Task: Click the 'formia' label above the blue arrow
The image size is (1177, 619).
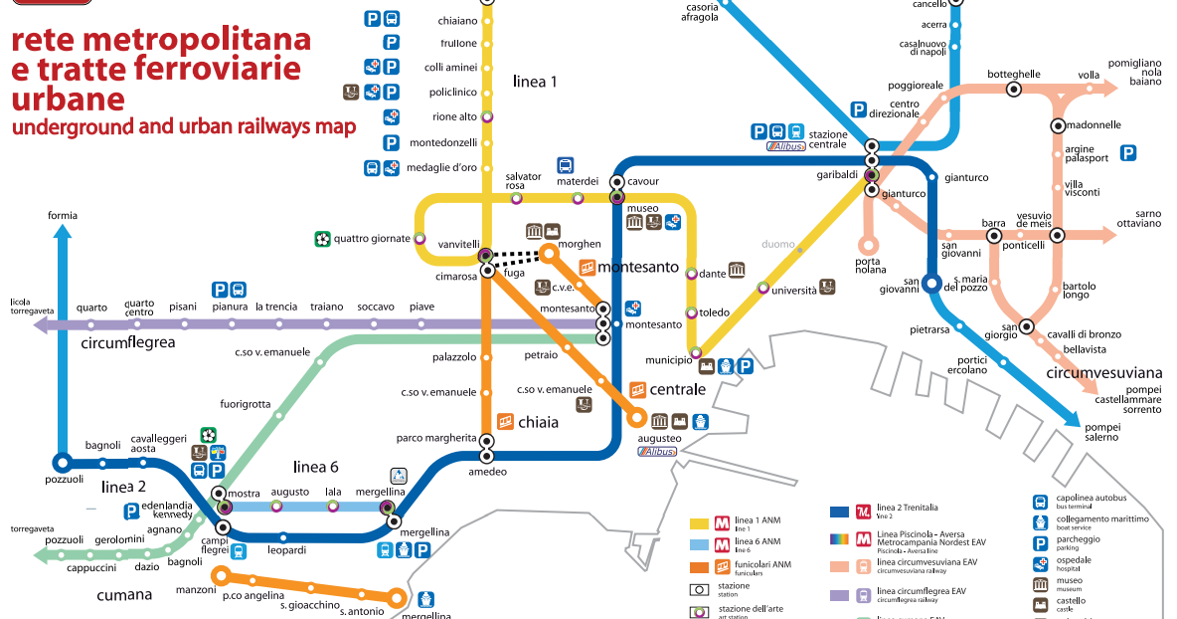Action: pyautogui.click(x=61, y=215)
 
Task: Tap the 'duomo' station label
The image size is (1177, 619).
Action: pyautogui.click(x=777, y=244)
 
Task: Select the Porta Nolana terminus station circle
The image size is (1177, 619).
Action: pyautogui.click(x=868, y=244)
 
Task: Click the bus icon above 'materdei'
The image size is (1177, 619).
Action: pyautogui.click(x=566, y=165)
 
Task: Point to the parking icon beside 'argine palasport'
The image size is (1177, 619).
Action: pyautogui.click(x=1127, y=152)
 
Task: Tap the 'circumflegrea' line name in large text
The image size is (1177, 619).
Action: pyautogui.click(x=128, y=343)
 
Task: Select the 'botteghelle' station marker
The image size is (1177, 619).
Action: pyautogui.click(x=1014, y=89)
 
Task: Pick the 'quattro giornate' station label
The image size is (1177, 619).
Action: pyautogui.click(x=372, y=239)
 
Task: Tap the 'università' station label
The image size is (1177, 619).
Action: pyautogui.click(x=793, y=291)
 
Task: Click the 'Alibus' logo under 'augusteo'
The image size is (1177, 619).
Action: pyautogui.click(x=658, y=452)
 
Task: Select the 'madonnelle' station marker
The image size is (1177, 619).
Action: pyautogui.click(x=1058, y=125)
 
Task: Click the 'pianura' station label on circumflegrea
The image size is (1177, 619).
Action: pyautogui.click(x=230, y=307)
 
